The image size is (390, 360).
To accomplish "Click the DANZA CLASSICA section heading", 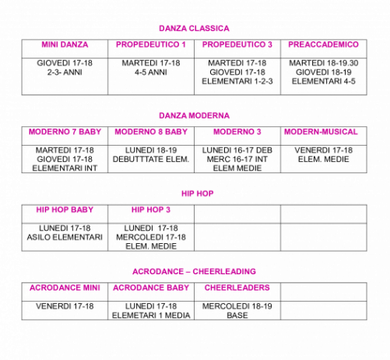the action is pyautogui.click(x=194, y=28).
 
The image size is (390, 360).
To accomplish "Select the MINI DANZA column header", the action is pyautogui.click(x=65, y=44).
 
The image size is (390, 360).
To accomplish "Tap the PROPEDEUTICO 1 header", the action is pyautogui.click(x=151, y=44).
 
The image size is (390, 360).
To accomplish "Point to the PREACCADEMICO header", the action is pyautogui.click(x=323, y=44).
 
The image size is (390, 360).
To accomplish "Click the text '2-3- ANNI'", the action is pyautogui.click(x=65, y=72).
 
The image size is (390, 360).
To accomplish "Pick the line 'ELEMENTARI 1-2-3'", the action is pyautogui.click(x=237, y=81).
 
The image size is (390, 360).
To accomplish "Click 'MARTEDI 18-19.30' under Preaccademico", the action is pyautogui.click(x=324, y=63).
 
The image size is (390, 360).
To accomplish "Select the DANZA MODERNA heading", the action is pyautogui.click(x=194, y=115).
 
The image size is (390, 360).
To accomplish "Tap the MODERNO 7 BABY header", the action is pyautogui.click(x=65, y=132).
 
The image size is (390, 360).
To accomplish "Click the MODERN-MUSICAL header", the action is pyautogui.click(x=321, y=132).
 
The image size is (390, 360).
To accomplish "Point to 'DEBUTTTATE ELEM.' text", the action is pyautogui.click(x=151, y=159).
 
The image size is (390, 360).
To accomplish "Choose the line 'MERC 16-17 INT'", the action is pyautogui.click(x=237, y=159).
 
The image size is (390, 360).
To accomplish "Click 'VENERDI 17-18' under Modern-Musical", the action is pyautogui.click(x=324, y=150).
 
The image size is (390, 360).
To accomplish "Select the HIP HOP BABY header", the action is pyautogui.click(x=65, y=210).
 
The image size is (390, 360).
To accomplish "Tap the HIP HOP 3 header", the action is pyautogui.click(x=151, y=210).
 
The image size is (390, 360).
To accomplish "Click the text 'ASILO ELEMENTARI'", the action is pyautogui.click(x=65, y=237).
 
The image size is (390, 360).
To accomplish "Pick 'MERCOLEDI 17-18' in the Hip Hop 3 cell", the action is pyautogui.click(x=151, y=237).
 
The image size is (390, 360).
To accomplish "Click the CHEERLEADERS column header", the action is pyautogui.click(x=237, y=288).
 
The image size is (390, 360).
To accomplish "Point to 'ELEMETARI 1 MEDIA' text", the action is pyautogui.click(x=151, y=316).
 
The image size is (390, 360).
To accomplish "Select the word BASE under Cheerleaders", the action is pyautogui.click(x=237, y=316).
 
